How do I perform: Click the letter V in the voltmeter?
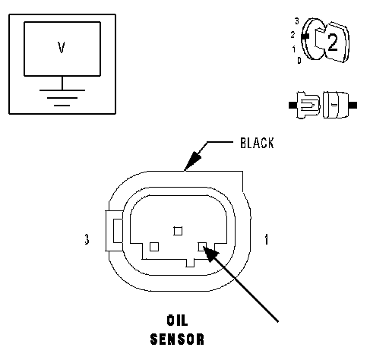[62, 47]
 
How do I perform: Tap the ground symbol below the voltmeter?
[62, 98]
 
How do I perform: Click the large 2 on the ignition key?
[333, 43]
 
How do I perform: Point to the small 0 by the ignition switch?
[299, 61]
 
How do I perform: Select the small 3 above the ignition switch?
[297, 21]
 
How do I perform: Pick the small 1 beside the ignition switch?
[294, 49]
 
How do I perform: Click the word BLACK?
[257, 143]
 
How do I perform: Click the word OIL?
[177, 321]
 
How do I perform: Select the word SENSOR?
[177, 339]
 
